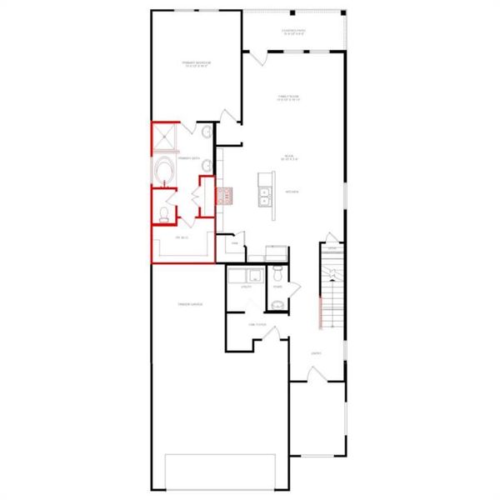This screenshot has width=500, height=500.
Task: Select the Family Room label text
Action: (x=289, y=98)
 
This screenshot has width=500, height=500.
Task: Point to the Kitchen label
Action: (x=292, y=192)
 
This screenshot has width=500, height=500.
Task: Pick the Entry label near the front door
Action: (x=316, y=353)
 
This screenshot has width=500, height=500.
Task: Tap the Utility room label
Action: (x=246, y=287)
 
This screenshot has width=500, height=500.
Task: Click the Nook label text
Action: (x=288, y=157)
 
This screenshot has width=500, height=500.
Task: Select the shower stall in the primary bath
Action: (x=164, y=137)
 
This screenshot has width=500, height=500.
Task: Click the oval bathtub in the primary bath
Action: (x=164, y=170)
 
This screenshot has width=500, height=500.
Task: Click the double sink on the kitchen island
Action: (x=267, y=197)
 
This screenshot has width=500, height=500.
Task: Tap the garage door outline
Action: (x=221, y=471)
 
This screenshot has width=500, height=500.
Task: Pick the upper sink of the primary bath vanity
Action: (x=205, y=132)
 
